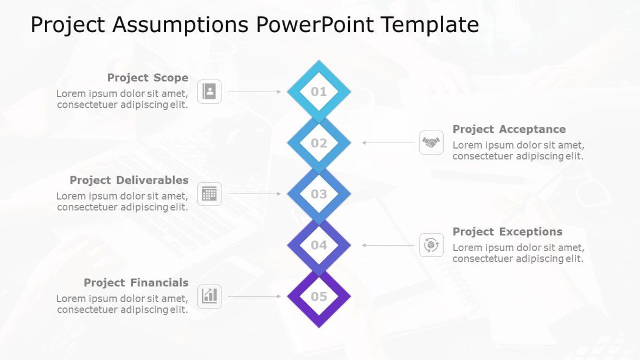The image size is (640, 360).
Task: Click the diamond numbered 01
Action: pos(319,92)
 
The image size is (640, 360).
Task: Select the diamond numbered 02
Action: pos(319,143)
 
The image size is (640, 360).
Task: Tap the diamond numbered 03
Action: pos(319,194)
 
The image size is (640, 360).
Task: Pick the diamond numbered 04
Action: pos(319,245)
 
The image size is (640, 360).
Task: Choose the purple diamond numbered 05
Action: pos(319,297)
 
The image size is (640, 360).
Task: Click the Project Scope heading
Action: pos(148,78)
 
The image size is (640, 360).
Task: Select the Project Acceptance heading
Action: pos(509,129)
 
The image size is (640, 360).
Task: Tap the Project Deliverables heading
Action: pos(129,180)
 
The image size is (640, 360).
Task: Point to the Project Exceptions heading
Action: pos(507,232)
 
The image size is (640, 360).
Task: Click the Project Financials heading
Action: pos(136,282)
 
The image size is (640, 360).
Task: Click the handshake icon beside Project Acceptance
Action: pos(431,143)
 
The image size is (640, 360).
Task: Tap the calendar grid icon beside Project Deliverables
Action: pos(209,194)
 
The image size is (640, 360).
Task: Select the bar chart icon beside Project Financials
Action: pos(209,296)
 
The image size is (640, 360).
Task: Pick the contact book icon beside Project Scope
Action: pos(209,92)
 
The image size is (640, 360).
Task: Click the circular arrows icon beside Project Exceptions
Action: pos(431,245)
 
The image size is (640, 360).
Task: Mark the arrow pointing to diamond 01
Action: pos(254,92)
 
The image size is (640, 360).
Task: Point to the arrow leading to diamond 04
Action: pos(388,245)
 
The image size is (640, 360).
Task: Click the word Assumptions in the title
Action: pos(176,25)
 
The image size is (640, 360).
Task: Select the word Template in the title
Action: pos(429,25)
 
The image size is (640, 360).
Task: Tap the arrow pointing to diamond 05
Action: pos(254,297)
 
